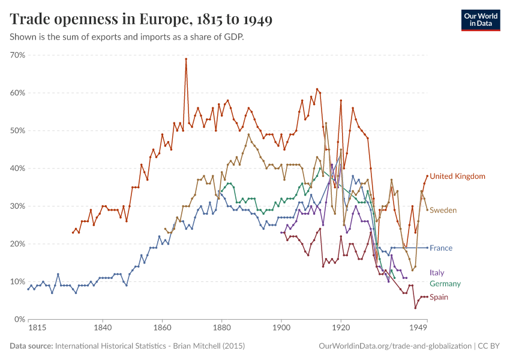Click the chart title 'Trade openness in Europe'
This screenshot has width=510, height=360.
click(x=141, y=19)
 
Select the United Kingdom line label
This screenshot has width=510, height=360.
click(x=457, y=176)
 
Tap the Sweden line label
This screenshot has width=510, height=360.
click(x=443, y=211)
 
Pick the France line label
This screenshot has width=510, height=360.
click(x=441, y=248)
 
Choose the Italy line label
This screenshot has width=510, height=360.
click(x=437, y=273)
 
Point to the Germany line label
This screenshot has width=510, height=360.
click(x=445, y=284)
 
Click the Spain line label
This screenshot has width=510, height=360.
click(x=439, y=298)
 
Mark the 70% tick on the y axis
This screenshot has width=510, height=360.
click(x=17, y=55)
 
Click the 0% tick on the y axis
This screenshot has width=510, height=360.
click(x=19, y=319)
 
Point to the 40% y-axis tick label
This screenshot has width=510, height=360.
click(x=17, y=169)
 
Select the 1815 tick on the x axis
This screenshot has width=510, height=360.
click(x=37, y=329)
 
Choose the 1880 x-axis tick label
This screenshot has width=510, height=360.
click(x=221, y=329)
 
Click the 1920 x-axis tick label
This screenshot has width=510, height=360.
click(x=341, y=329)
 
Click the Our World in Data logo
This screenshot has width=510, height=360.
click(x=480, y=19)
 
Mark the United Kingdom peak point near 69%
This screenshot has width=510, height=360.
click(x=186, y=59)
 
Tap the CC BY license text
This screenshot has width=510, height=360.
click(x=489, y=346)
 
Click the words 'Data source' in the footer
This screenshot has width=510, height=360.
click(x=31, y=346)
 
